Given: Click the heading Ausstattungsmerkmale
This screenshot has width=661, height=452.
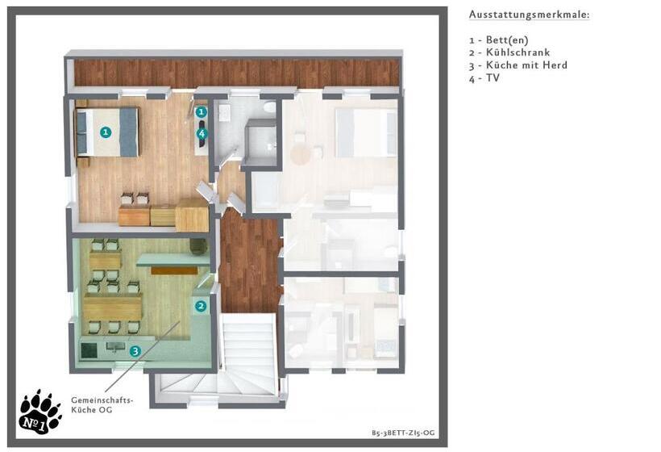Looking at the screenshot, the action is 529,15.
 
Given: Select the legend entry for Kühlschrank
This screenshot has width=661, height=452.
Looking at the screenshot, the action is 509,52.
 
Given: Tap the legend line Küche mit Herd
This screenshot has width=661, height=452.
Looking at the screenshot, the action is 518,65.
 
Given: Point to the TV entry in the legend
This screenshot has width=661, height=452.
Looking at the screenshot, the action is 484,78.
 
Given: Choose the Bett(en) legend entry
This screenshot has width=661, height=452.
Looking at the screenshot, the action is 499,40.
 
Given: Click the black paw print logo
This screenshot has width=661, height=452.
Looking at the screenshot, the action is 40,412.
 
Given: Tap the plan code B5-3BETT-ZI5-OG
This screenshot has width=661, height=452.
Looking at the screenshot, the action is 403,433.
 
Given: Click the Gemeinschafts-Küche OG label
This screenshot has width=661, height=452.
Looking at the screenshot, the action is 102,404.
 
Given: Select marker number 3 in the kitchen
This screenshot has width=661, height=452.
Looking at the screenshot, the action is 135,351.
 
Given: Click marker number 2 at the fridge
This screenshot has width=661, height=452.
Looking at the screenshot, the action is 201,306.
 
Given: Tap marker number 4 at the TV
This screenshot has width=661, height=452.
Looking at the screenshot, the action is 202,134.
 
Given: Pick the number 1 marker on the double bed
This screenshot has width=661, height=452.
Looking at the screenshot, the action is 106,132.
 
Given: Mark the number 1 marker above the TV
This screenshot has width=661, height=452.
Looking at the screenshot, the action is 201,112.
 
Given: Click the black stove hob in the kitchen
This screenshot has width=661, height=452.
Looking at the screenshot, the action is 89,349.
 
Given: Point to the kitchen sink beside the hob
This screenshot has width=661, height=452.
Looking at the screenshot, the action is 115,347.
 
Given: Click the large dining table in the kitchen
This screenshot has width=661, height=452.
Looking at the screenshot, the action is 113,307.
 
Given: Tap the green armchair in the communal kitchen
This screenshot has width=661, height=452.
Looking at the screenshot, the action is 198,246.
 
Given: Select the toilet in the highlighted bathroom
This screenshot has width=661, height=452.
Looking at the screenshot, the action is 268,107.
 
